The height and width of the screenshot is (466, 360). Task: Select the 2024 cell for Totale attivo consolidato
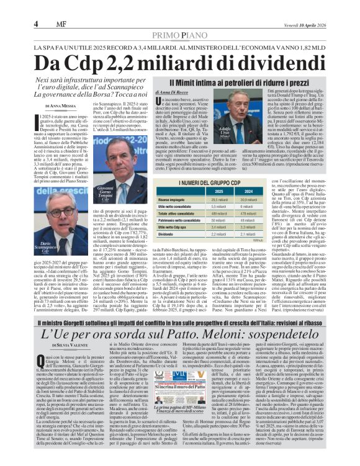(248, 213)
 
